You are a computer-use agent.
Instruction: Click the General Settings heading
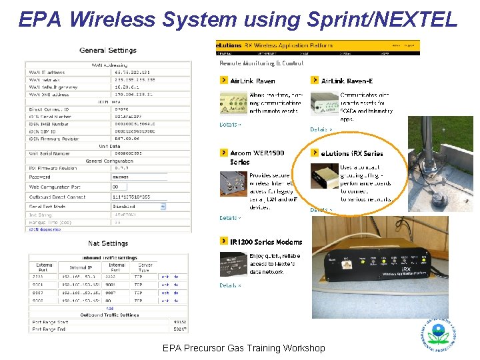point(108,50)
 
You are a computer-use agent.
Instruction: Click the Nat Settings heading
point(108,243)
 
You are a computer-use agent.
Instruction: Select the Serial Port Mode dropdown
point(139,207)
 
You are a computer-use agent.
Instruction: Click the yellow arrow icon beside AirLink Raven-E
point(315,81)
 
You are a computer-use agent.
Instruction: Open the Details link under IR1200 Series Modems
point(231,285)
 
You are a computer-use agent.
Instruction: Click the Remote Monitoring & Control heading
point(261,63)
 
